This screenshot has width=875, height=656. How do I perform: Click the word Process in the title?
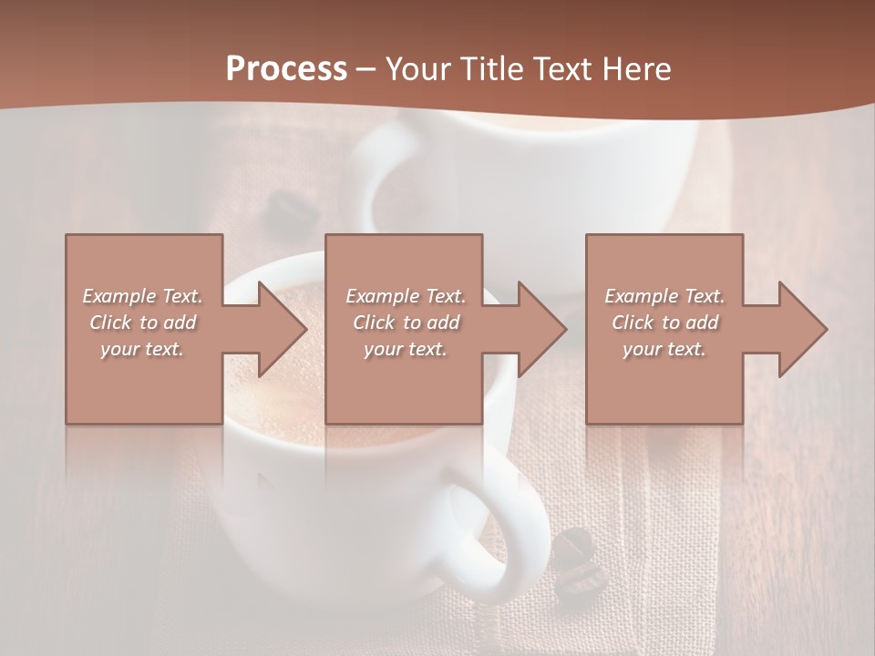(x=286, y=69)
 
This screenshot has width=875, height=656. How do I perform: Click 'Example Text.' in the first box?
(x=142, y=296)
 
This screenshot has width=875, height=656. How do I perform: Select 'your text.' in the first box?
(x=142, y=349)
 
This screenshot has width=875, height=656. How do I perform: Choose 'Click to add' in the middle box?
(x=406, y=323)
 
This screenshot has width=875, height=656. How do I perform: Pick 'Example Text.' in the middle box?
(x=406, y=296)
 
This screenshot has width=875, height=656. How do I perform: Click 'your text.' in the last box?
(x=664, y=349)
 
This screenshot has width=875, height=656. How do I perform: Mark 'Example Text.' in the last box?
(x=664, y=296)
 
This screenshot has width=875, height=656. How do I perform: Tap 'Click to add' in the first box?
(x=142, y=323)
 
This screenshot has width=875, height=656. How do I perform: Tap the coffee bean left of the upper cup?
(x=293, y=212)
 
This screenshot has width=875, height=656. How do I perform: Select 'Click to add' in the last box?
(x=664, y=323)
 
